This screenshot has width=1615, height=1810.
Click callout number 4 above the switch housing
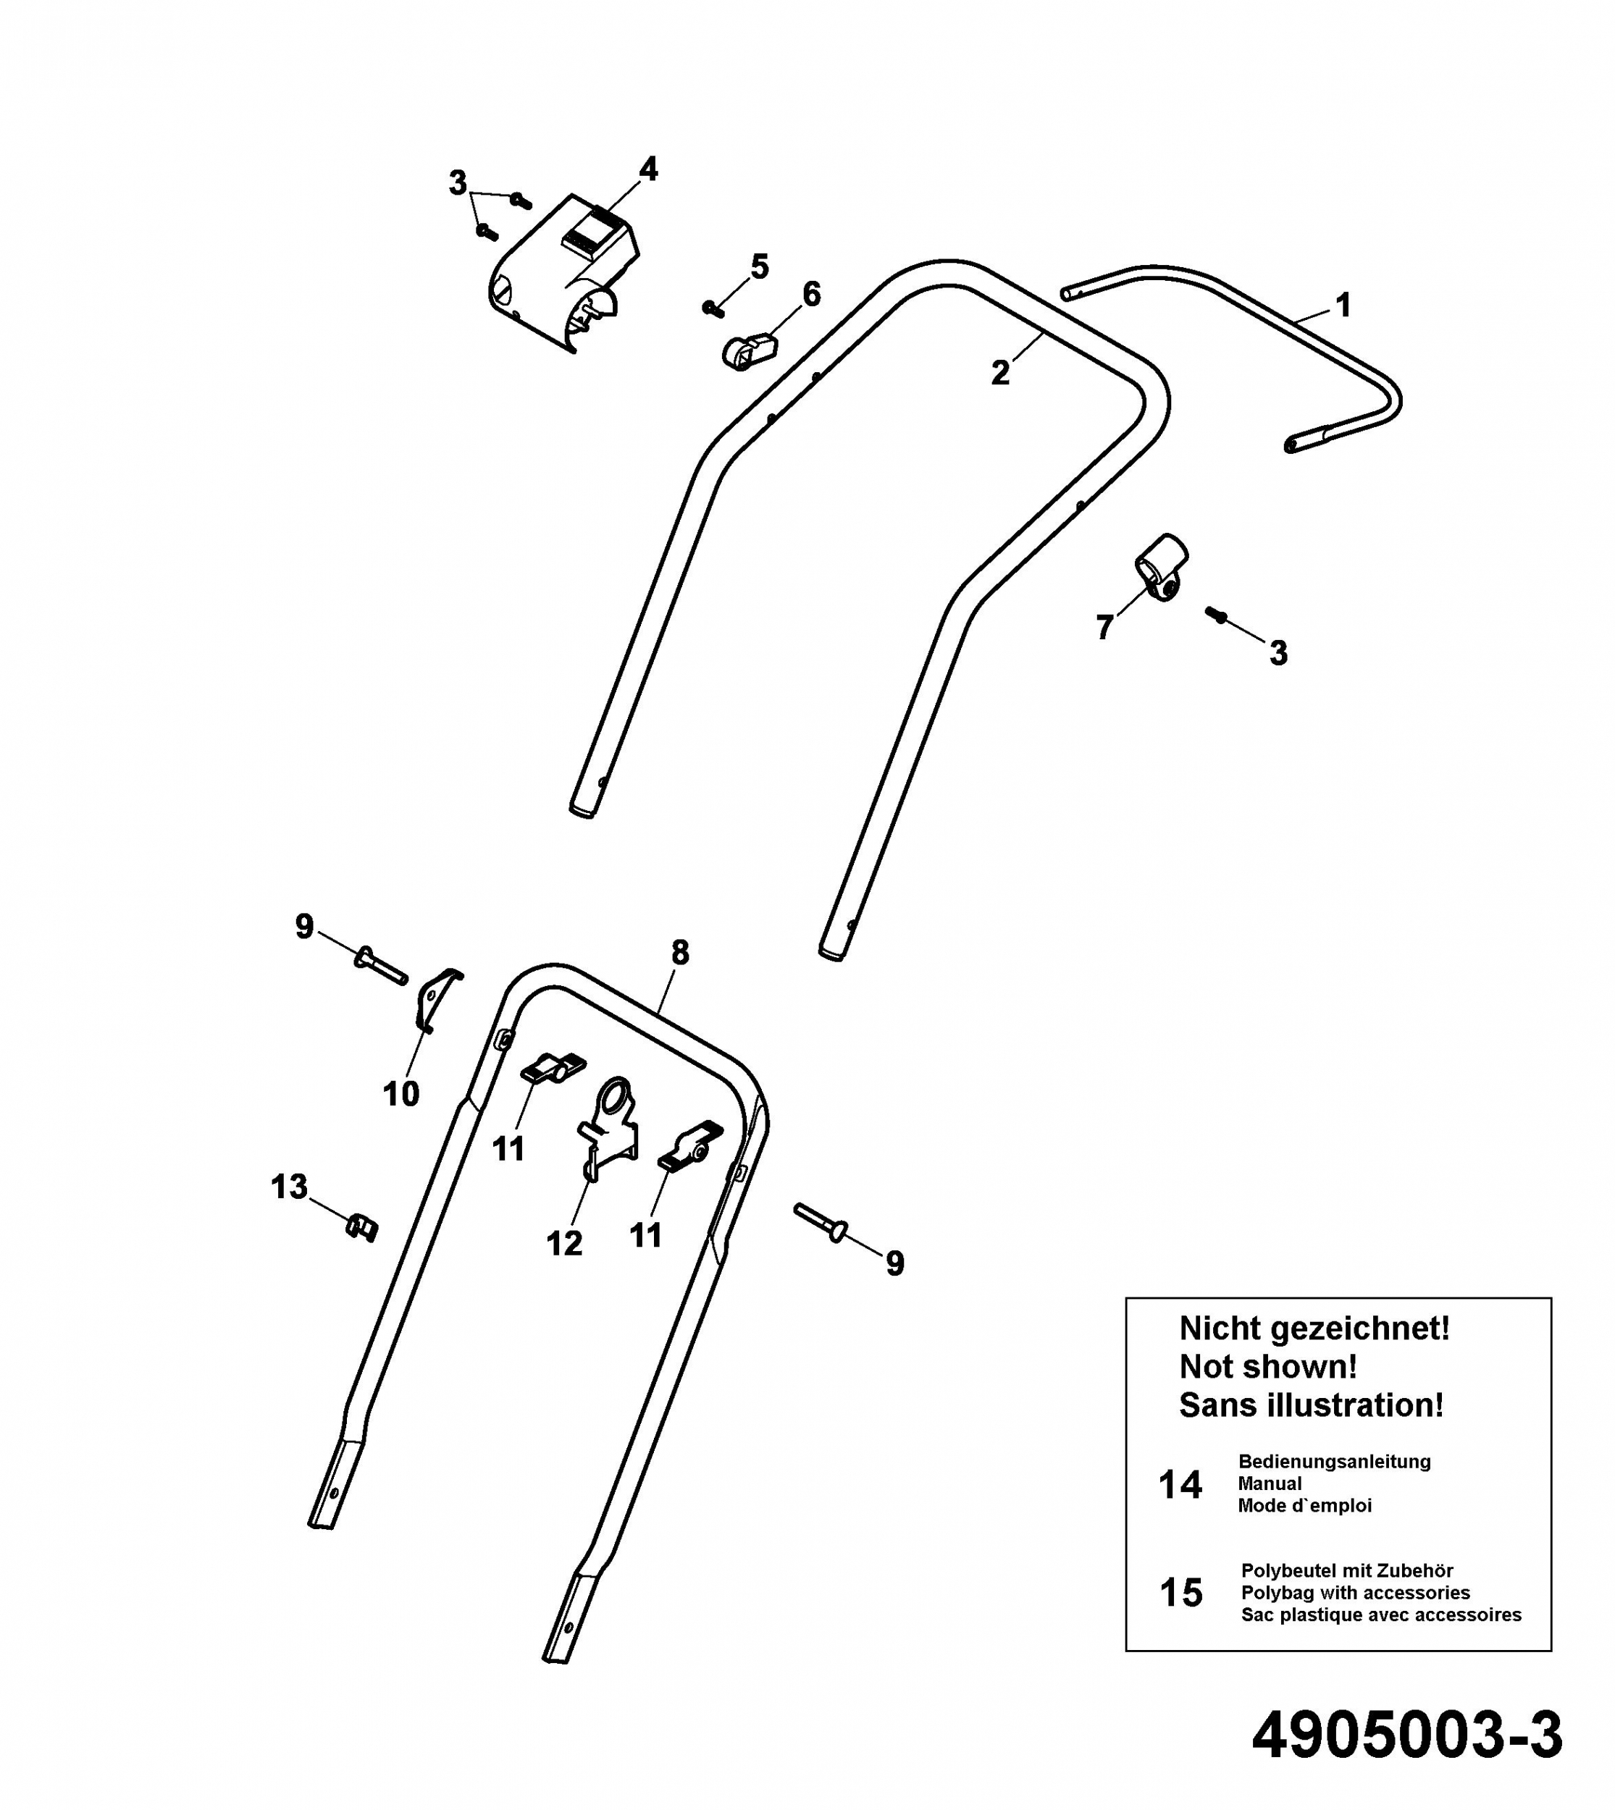[649, 169]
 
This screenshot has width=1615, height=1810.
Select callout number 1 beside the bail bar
[1343, 306]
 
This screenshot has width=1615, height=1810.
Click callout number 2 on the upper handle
[1000, 374]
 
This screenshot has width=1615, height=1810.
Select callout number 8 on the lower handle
[680, 953]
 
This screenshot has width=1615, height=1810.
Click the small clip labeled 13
[361, 1227]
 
